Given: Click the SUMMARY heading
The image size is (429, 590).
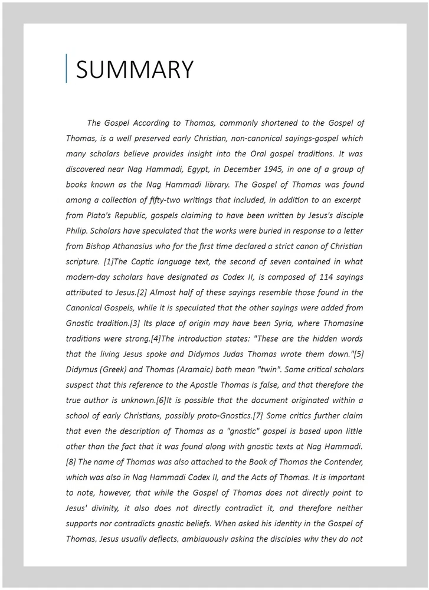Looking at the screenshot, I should coord(135,70).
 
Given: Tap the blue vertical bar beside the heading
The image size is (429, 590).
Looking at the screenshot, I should coord(67,68).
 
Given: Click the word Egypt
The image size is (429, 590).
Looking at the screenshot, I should coord(188,169).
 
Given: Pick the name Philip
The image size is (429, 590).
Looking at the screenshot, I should coord(77,231).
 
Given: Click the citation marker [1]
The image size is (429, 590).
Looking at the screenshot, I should coord(109,261).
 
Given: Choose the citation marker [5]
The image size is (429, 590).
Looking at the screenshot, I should coord(358,354).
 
